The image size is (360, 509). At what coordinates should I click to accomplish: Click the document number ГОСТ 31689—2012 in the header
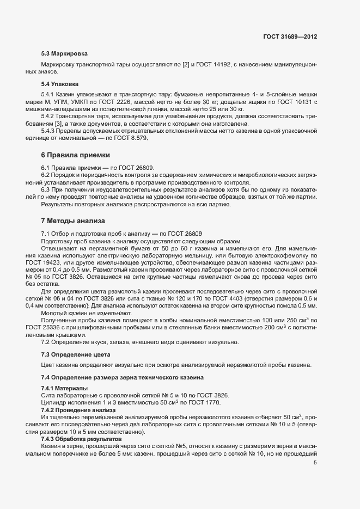tap(290, 36)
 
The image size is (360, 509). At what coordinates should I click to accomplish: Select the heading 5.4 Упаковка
tap(60, 84)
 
